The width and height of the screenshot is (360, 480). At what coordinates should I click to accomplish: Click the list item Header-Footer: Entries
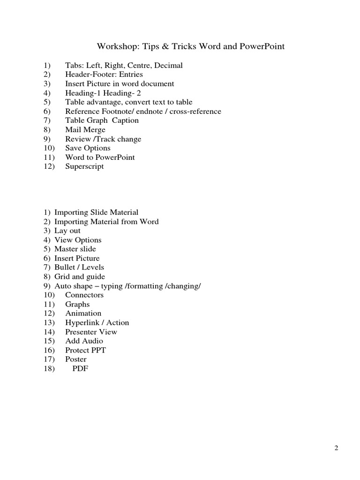(104, 75)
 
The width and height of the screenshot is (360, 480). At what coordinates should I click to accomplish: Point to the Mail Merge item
(85, 130)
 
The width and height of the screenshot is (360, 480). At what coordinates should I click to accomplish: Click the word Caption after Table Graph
(124, 120)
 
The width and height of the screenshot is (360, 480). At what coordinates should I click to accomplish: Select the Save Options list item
(88, 148)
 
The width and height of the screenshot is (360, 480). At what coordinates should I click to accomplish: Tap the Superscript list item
(84, 166)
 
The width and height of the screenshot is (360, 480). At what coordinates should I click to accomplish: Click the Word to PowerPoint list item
(100, 157)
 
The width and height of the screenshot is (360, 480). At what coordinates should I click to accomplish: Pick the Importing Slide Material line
(96, 212)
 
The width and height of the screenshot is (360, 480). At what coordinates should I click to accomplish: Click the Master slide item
(75, 249)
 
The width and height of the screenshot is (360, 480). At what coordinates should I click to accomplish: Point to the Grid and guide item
(80, 277)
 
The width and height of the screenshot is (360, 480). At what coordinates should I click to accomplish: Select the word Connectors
(84, 295)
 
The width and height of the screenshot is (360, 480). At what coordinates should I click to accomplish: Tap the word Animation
(83, 313)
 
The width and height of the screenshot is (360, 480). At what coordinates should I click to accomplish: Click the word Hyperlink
(82, 322)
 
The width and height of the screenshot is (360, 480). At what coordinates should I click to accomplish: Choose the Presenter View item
(91, 332)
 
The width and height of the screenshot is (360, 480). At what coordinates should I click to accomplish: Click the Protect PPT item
(85, 350)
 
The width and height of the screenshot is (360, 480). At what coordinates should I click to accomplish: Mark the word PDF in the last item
(80, 368)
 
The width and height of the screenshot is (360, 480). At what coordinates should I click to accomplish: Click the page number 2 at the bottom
(336, 448)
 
